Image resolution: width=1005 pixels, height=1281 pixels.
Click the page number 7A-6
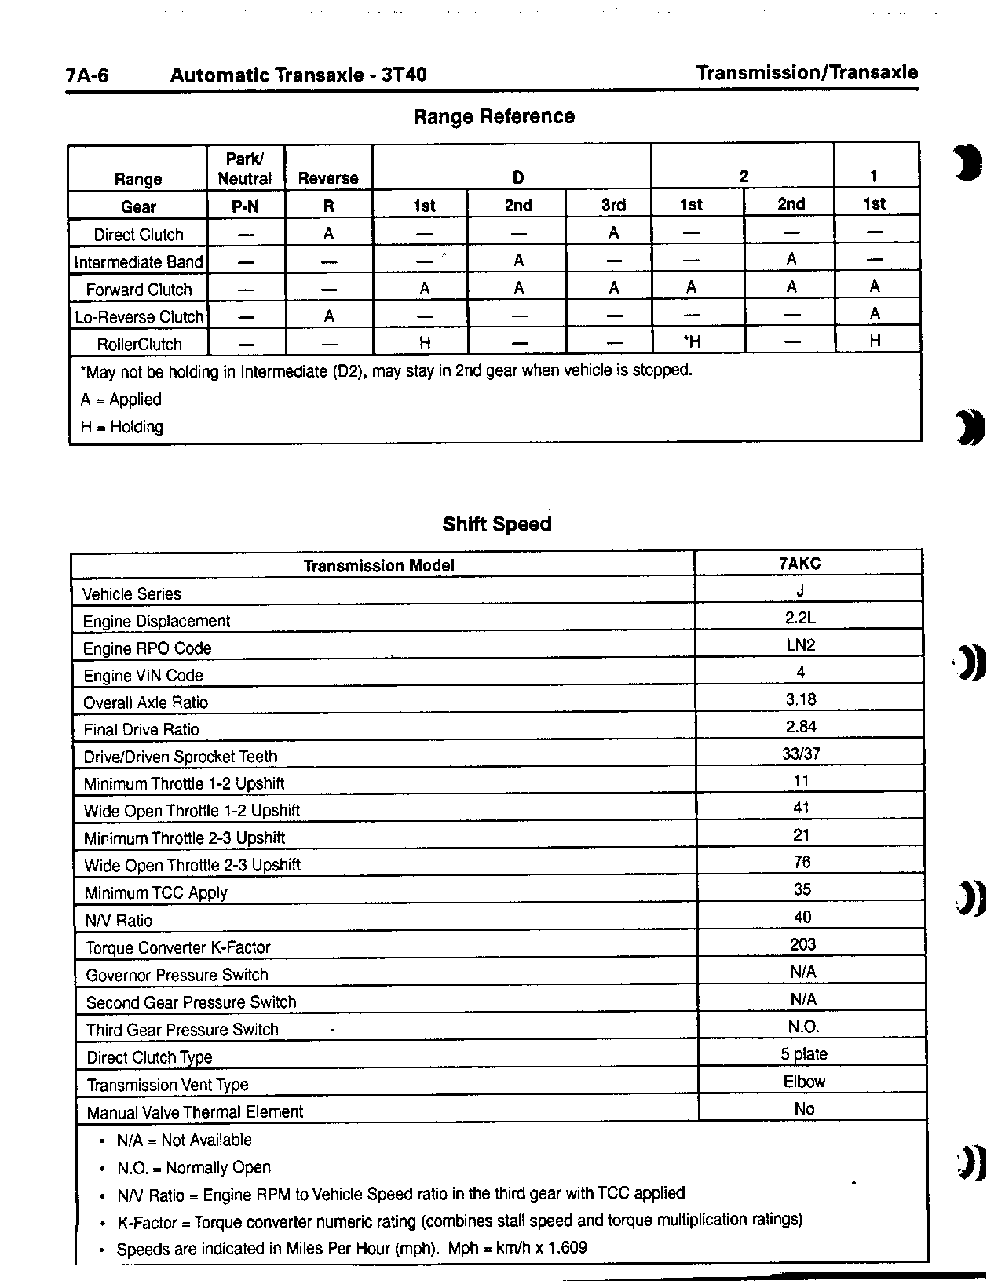87,75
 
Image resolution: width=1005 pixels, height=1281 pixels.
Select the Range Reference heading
494,117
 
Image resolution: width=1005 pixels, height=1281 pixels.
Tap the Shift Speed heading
497,524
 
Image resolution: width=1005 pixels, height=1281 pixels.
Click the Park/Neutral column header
244,169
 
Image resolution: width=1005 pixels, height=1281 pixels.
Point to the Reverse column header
328,179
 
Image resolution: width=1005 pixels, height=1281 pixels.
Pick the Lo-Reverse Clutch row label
138,317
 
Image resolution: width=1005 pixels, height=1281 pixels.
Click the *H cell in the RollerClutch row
691,341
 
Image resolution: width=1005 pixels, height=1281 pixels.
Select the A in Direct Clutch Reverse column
329,234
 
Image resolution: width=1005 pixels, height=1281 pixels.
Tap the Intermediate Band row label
138,262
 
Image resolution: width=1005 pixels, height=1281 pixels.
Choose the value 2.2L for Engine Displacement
800,618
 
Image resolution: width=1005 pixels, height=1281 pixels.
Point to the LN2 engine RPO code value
800,645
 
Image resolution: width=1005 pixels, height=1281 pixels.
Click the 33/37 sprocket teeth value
801,754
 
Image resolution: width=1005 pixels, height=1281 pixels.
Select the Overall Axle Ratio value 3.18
801,699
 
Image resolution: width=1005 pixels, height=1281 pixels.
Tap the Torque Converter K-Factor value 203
802,944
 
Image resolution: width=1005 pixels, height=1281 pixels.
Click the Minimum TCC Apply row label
156,893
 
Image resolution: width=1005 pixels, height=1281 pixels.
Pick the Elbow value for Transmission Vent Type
804,1082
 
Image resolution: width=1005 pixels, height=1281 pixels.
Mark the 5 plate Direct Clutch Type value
804,1054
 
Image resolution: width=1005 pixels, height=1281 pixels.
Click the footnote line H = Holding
122,427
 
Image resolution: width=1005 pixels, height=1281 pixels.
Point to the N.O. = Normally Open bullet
193,1168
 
